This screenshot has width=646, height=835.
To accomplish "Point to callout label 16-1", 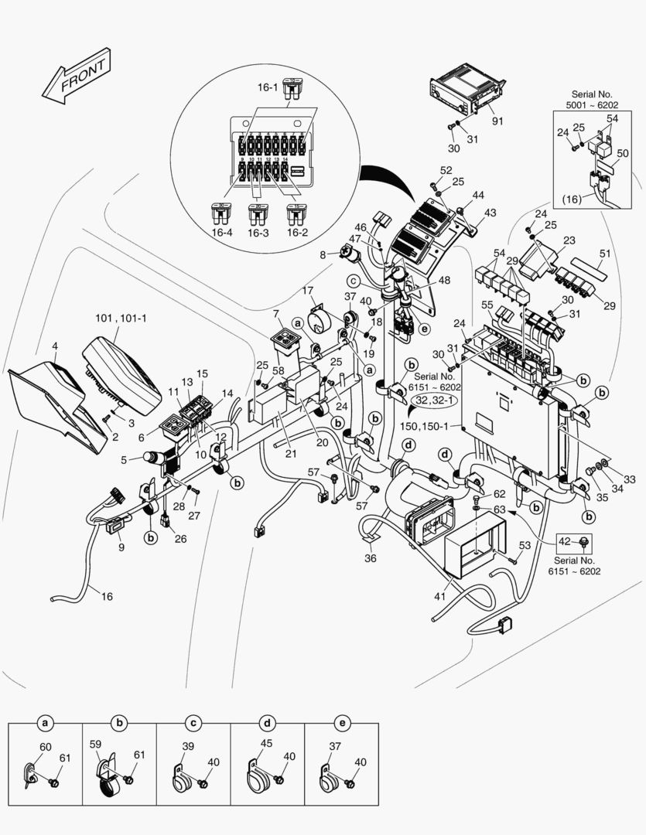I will (267, 87).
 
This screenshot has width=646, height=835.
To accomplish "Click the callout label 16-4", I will (223, 230).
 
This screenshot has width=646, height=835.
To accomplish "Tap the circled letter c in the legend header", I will (193, 724).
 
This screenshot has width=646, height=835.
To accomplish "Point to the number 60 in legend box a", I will (46, 747).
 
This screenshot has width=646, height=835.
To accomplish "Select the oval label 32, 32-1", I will (433, 400).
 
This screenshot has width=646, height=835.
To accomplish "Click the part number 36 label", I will (371, 558).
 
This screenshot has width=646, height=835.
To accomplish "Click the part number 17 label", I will (308, 291).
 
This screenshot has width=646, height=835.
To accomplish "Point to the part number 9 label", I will (121, 547).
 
